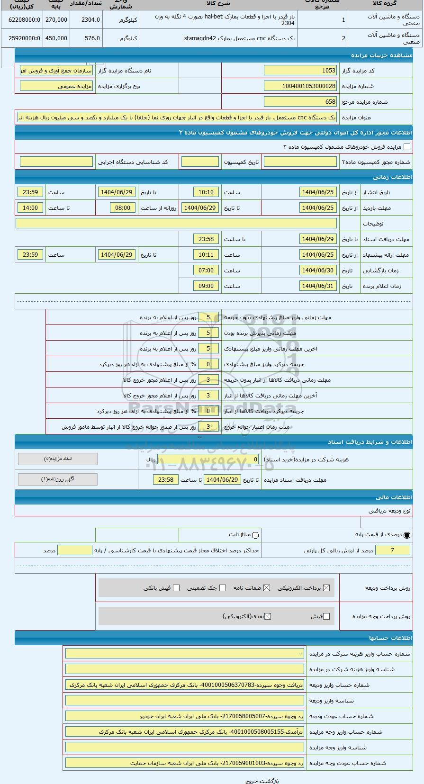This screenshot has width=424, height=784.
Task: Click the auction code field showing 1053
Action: click(x=300, y=71)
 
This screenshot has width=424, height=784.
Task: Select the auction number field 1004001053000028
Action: click(x=300, y=86)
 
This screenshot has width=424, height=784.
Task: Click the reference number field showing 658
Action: click(x=300, y=102)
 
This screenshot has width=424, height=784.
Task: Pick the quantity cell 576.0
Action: click(x=86, y=38)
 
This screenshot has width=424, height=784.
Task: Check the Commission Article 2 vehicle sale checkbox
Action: click(x=406, y=147)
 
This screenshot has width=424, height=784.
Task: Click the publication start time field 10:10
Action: click(x=206, y=192)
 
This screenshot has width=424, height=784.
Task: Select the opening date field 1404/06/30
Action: click(x=318, y=270)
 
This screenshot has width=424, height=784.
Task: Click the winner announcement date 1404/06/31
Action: click(x=318, y=286)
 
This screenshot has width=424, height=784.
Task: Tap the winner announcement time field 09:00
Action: click(x=206, y=286)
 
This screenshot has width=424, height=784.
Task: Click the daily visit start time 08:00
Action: click(x=123, y=208)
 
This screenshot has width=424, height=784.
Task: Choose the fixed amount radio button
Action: click(x=256, y=535)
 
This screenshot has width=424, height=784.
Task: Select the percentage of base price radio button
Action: click(x=407, y=535)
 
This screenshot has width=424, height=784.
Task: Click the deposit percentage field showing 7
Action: click(x=392, y=550)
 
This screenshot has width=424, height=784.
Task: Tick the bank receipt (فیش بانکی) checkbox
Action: click(x=176, y=588)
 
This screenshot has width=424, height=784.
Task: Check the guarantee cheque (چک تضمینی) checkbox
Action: click(x=223, y=588)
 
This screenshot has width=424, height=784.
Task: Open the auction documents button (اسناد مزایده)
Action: click(x=58, y=459)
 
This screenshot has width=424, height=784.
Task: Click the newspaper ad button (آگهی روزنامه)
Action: click(x=58, y=479)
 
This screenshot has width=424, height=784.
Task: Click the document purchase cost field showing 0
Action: click(x=208, y=460)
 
